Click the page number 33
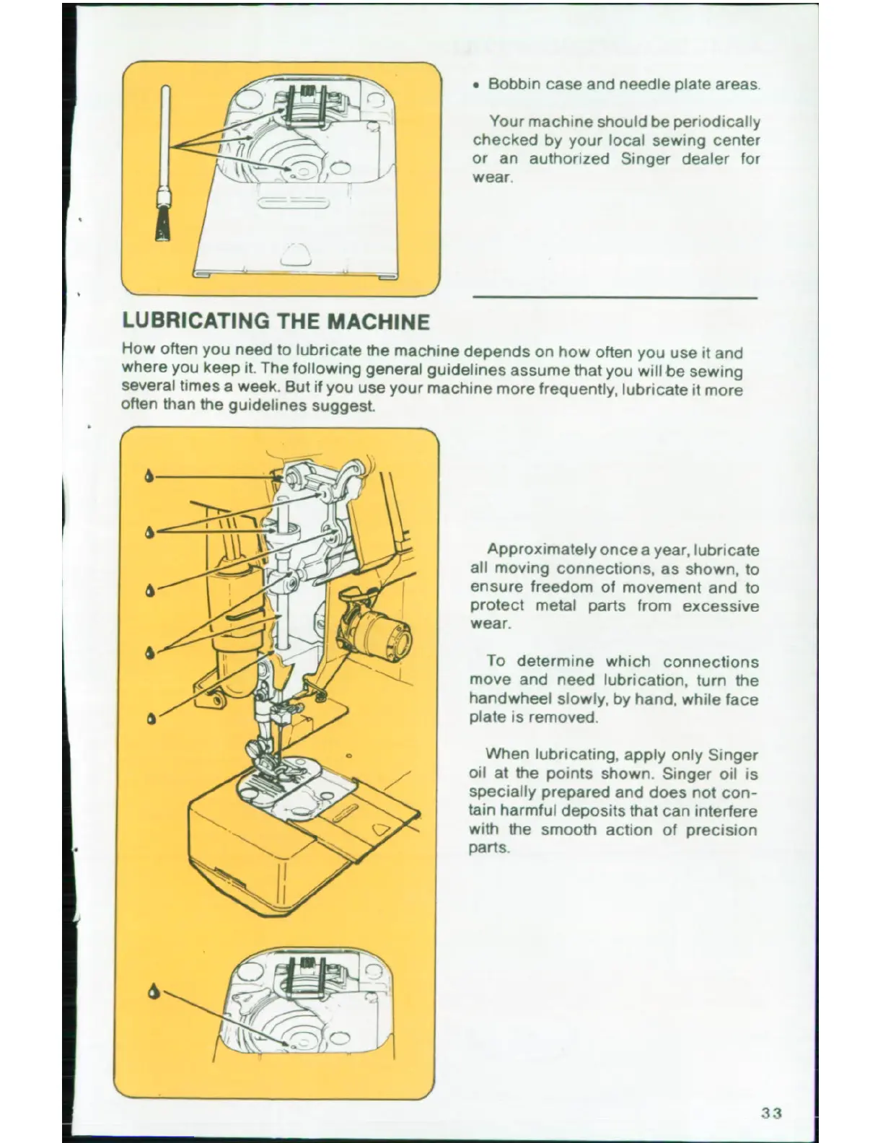point(771,1113)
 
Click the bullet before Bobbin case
point(477,85)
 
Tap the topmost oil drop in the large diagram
point(149,476)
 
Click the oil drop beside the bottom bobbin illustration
point(154,990)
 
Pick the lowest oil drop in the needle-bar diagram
point(150,719)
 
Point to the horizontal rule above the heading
point(615,297)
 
